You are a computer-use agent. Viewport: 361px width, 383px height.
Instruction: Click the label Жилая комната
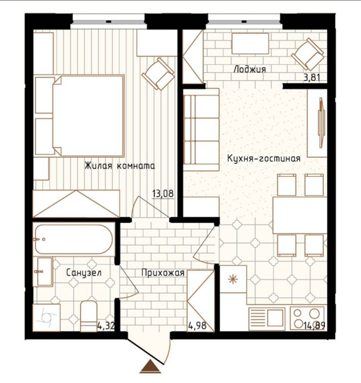tap(120, 166)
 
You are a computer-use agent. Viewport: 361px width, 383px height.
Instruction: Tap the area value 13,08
tap(163, 194)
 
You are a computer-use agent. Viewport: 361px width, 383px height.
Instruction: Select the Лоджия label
tap(250, 69)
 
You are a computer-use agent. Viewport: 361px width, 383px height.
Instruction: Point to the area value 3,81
tap(312, 78)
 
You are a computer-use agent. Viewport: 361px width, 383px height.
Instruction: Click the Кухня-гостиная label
tap(264, 158)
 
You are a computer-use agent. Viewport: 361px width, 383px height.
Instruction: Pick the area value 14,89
tap(314, 325)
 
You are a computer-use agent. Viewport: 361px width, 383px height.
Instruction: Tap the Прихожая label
tap(163, 273)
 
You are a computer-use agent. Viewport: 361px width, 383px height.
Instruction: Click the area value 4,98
tap(197, 325)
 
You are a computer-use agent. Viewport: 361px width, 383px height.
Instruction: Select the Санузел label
tap(84, 273)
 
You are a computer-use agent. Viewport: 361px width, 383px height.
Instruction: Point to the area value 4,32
tap(106, 326)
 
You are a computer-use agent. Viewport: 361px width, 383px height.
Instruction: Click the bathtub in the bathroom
tap(74, 239)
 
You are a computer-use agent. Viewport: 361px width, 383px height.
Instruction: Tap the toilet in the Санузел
tap(89, 316)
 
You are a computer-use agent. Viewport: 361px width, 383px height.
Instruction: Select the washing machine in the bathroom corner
tap(46, 318)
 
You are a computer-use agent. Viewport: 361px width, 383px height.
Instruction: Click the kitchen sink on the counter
tap(267, 317)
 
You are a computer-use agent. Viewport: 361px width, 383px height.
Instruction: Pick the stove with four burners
tap(307, 318)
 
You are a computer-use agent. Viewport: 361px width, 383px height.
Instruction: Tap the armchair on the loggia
tap(308, 54)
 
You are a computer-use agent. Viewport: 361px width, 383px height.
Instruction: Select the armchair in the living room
tap(158, 74)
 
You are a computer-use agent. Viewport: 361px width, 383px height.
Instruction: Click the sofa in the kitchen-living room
tap(201, 129)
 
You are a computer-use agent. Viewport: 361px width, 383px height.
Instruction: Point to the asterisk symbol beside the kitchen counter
tap(232, 279)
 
